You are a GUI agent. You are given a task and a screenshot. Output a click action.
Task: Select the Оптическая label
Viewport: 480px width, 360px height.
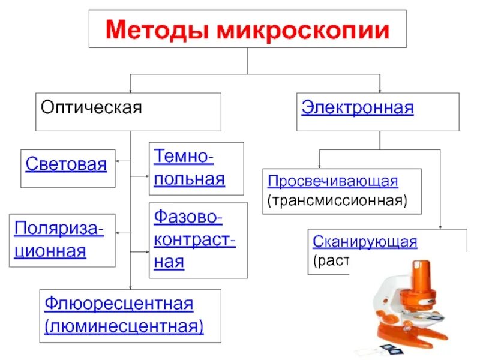[x=91, y=108]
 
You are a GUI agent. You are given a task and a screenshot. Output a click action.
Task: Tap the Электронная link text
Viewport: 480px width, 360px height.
[x=357, y=108]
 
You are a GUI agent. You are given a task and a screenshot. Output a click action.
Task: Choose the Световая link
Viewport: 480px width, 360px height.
[x=66, y=164]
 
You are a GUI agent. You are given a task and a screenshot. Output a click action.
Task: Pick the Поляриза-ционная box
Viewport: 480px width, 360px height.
[x=62, y=240]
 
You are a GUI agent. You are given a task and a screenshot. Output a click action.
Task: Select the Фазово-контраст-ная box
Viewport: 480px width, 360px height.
[x=198, y=240]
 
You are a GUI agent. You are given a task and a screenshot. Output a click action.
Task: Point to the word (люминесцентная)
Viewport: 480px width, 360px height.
[x=124, y=326]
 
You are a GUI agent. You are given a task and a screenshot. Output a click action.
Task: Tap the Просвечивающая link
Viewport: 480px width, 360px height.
[x=333, y=181]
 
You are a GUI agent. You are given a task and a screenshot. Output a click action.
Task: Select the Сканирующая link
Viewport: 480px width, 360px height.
[x=364, y=242]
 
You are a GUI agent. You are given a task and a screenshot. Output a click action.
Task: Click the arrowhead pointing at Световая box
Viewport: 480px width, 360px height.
[x=118, y=161]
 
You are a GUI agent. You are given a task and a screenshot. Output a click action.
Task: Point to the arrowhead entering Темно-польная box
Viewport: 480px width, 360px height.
[x=147, y=176]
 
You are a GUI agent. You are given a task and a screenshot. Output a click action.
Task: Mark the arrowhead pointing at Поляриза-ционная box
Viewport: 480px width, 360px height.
[x=118, y=233]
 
